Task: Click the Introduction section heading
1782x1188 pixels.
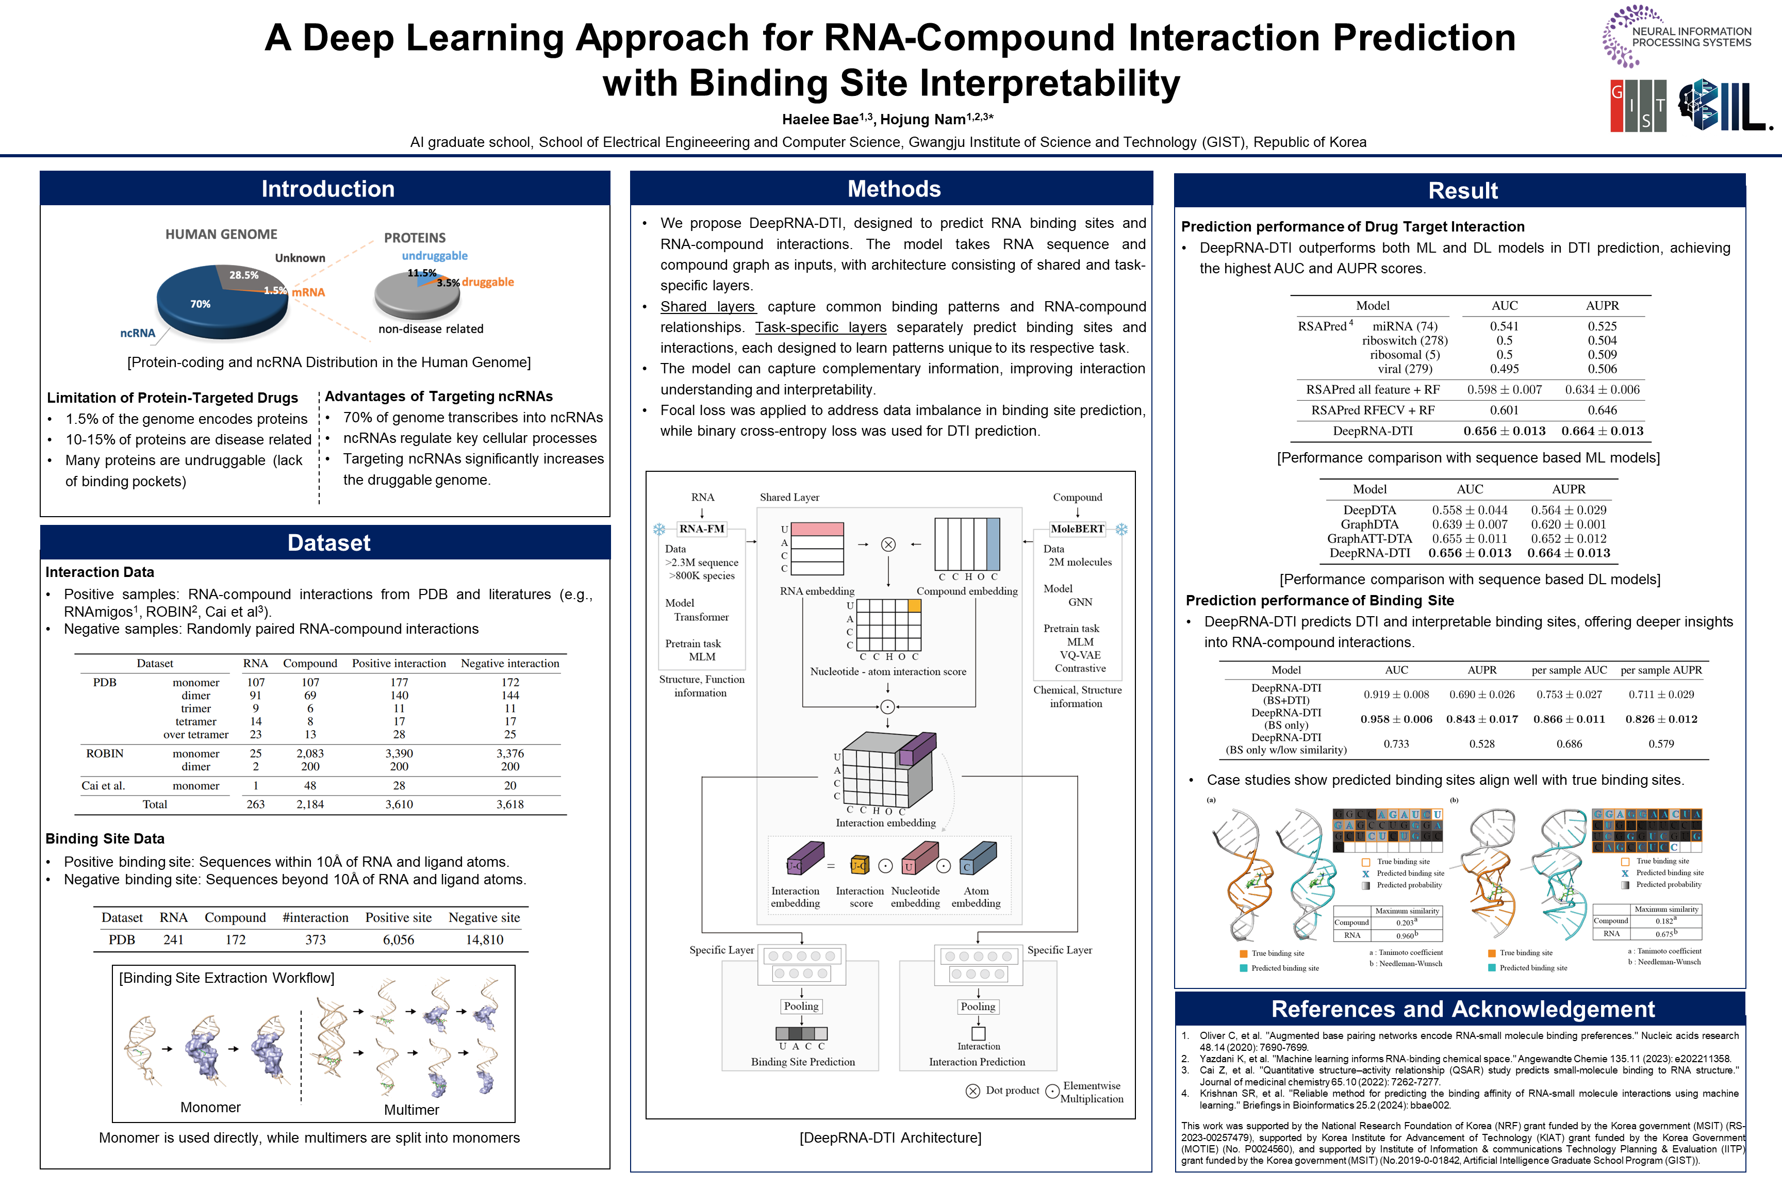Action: (x=327, y=189)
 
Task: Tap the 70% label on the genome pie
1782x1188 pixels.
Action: (x=200, y=304)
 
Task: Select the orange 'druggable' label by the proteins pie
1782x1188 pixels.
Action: (x=487, y=282)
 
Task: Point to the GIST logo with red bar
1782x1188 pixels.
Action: (x=1638, y=105)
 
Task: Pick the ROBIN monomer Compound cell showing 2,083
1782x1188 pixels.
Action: (x=310, y=753)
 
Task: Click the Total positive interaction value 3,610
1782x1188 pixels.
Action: (x=399, y=804)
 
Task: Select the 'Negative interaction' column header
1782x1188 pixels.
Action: (x=510, y=663)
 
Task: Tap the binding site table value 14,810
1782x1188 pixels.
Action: (x=484, y=939)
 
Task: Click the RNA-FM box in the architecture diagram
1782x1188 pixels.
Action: (x=702, y=529)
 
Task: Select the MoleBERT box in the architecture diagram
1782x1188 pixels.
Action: (x=1077, y=529)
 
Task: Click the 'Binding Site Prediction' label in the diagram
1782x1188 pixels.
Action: (x=802, y=1062)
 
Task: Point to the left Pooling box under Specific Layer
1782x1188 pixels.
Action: (x=801, y=1006)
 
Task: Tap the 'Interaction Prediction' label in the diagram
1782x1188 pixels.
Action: (x=977, y=1062)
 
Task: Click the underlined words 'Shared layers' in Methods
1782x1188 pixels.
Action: (x=707, y=307)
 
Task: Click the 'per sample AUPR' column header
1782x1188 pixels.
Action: (x=1661, y=670)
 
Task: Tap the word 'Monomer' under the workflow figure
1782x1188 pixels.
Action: (x=210, y=1107)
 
